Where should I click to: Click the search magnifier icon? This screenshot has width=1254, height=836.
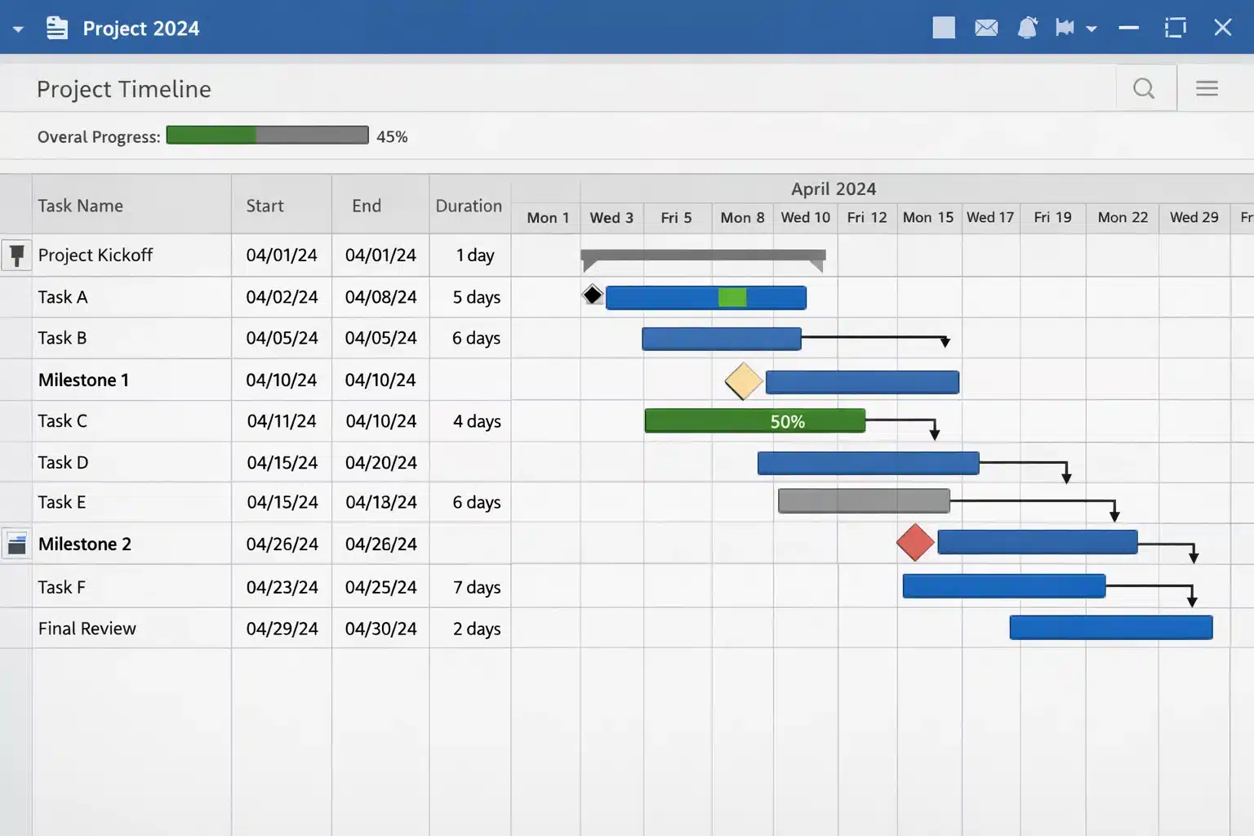pyautogui.click(x=1144, y=88)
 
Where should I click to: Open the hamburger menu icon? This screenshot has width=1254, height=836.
pyautogui.click(x=1207, y=88)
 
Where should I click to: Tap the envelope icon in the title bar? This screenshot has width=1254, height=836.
pyautogui.click(x=986, y=28)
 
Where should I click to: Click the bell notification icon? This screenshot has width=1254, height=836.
pyautogui.click(x=1027, y=28)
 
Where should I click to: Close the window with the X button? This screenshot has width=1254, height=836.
pyautogui.click(x=1222, y=28)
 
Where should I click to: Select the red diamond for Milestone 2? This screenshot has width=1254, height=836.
pyautogui.click(x=915, y=543)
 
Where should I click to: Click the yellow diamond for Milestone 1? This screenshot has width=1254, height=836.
pyautogui.click(x=744, y=381)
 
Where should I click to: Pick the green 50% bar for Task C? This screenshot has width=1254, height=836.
pyautogui.click(x=754, y=421)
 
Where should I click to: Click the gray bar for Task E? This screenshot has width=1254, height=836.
pyautogui.click(x=864, y=500)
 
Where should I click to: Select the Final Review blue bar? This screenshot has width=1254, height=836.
pyautogui.click(x=1110, y=627)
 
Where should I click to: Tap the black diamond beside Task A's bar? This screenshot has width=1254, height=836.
pyautogui.click(x=593, y=295)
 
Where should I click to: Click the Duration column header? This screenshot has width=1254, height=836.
pyautogui.click(x=469, y=206)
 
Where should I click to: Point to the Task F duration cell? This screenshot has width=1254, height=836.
pyautogui.click(x=477, y=587)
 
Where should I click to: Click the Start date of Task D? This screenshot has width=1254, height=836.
pyautogui.click(x=282, y=463)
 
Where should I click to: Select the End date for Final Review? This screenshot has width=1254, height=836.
pyautogui.click(x=380, y=629)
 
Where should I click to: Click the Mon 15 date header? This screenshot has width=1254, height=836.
pyautogui.click(x=927, y=217)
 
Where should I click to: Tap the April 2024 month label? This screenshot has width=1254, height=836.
pyautogui.click(x=834, y=189)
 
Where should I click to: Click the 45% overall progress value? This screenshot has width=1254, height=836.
pyautogui.click(x=392, y=136)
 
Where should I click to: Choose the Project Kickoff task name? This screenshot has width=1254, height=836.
pyautogui.click(x=96, y=255)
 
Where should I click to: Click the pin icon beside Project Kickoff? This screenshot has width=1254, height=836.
pyautogui.click(x=16, y=255)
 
